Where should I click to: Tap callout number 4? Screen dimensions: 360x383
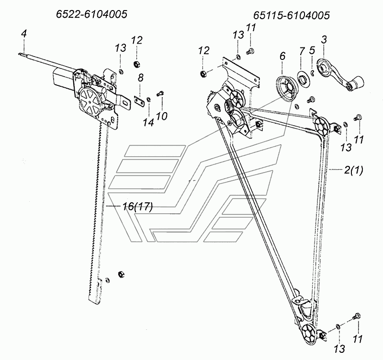point(23,34)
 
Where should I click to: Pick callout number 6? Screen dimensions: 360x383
point(282,56)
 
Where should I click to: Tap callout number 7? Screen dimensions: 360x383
point(301,50)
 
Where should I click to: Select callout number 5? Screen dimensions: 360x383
point(312,50)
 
